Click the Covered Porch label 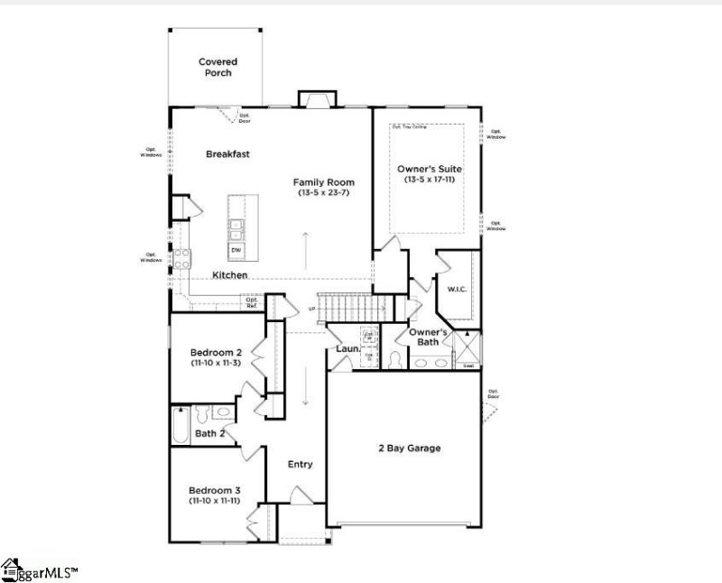click(218, 68)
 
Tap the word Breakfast click(227, 154)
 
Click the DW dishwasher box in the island click(236, 250)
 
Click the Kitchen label click(230, 274)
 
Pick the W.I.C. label click(455, 290)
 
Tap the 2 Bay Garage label click(409, 448)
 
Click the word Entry click(300, 465)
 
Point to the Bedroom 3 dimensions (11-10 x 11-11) click(214, 500)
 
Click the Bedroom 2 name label click(216, 352)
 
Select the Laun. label click(348, 347)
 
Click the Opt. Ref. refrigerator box click(252, 303)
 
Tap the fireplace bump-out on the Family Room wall click(316, 99)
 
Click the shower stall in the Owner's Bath click(467, 347)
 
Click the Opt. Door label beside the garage click(493, 393)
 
